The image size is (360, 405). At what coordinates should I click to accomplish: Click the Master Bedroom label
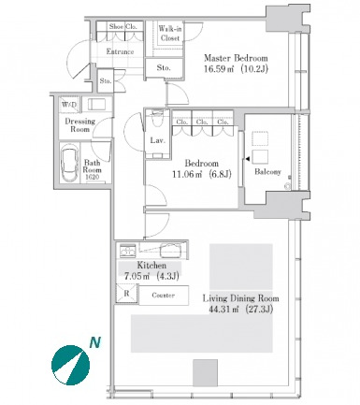[x=236, y=58]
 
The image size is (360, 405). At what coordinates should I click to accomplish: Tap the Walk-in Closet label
[x=170, y=34]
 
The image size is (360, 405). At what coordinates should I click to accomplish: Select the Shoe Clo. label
[x=123, y=26]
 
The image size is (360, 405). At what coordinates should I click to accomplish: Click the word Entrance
[x=120, y=51]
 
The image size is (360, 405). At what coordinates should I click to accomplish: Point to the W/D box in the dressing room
[x=69, y=105]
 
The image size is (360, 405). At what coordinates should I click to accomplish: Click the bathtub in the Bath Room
[x=70, y=163]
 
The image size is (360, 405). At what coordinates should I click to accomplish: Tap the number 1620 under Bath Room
[x=92, y=177]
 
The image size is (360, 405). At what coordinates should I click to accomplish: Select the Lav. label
[x=157, y=140]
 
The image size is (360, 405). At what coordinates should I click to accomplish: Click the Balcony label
[x=267, y=171]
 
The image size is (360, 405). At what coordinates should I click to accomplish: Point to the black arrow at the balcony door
[x=248, y=159]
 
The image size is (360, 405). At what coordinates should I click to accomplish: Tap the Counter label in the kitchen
[x=163, y=295]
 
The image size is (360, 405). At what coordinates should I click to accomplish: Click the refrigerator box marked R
[x=126, y=293]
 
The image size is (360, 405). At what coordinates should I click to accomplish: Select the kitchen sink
[x=170, y=250]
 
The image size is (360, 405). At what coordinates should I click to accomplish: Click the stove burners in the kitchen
[x=128, y=250]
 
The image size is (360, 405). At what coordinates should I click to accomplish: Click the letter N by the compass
[x=95, y=342]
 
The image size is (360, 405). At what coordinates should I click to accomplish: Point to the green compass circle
[x=71, y=365]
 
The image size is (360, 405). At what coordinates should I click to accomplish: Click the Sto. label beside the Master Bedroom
[x=164, y=67]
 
